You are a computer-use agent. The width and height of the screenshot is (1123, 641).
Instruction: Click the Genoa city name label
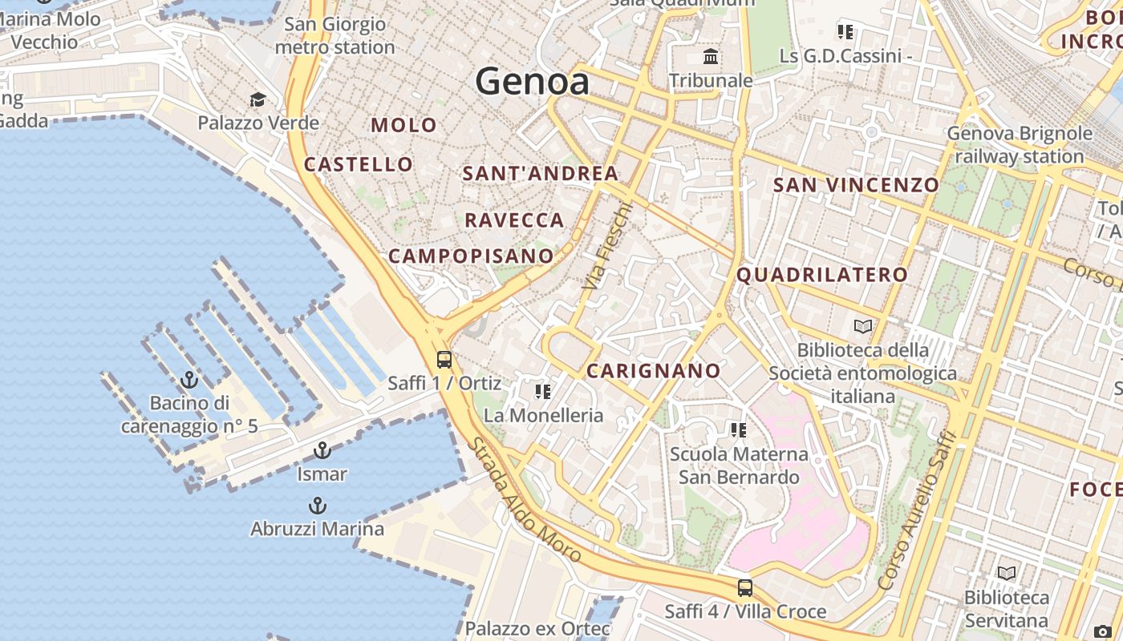tap(532, 82)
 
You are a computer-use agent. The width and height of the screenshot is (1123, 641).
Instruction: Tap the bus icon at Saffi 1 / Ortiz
tap(444, 359)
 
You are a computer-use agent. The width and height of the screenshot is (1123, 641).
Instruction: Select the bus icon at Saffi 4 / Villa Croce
tap(745, 588)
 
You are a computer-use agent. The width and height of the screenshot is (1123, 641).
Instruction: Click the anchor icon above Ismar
tap(322, 450)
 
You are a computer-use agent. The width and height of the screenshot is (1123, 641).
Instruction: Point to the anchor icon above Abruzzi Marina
tap(318, 506)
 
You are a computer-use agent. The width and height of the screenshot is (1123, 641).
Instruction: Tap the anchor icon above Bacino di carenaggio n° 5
tap(190, 379)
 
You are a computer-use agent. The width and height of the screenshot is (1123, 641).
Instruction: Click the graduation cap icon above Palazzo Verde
tap(257, 99)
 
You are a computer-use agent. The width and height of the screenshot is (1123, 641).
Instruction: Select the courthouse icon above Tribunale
tap(711, 57)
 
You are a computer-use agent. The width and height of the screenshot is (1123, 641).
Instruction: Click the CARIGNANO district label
tap(653, 371)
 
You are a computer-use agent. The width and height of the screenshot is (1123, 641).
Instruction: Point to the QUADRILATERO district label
tap(821, 275)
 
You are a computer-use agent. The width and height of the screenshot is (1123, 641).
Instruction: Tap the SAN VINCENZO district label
tap(855, 185)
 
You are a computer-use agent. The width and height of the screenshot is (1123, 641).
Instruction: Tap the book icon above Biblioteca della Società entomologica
tap(862, 326)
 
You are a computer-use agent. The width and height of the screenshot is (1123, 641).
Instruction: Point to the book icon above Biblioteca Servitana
tap(1006, 573)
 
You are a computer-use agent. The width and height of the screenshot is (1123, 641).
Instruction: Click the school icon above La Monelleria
tap(543, 391)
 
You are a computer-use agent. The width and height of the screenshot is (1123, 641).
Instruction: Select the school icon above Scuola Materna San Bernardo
tap(739, 430)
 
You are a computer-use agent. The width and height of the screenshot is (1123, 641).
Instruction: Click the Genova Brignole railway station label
tap(1019, 144)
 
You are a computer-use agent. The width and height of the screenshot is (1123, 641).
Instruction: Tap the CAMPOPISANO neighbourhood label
tap(471, 256)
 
